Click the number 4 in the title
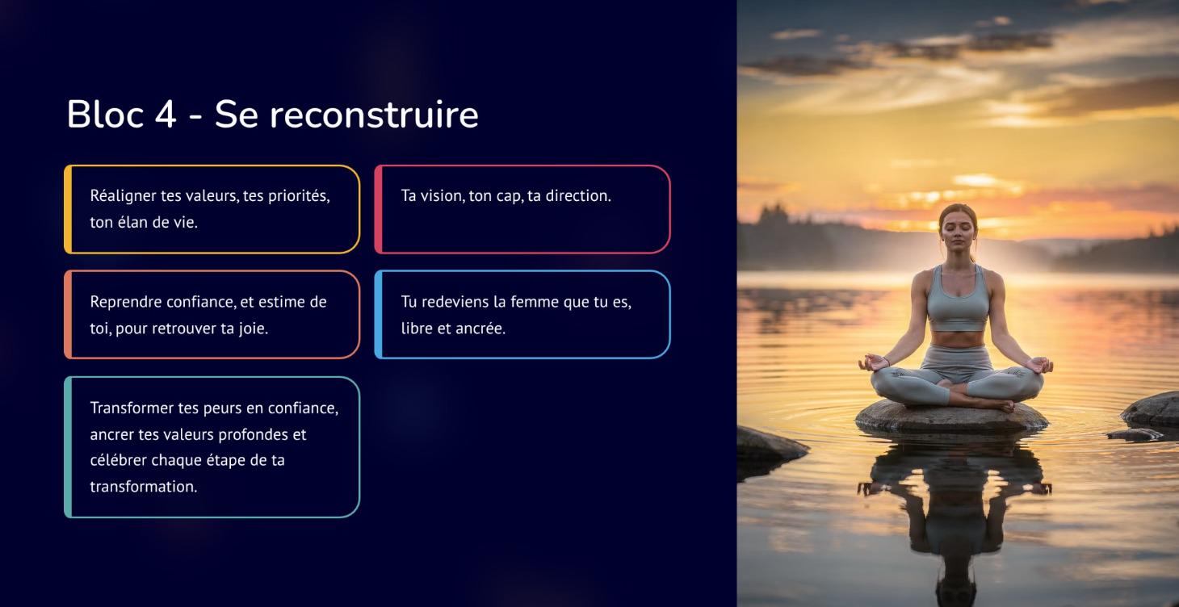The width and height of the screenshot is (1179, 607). click(x=165, y=115)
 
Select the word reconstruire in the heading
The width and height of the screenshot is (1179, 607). click(x=374, y=115)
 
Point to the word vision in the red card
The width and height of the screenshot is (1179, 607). click(x=443, y=196)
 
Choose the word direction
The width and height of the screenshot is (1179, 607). click(x=578, y=196)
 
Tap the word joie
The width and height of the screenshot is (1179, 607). click(x=251, y=329)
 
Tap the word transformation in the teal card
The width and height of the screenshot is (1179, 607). click(x=143, y=487)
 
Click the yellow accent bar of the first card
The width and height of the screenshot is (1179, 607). click(x=68, y=209)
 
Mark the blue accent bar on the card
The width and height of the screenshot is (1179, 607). click(x=378, y=314)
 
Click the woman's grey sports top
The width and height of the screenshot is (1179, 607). click(x=958, y=303)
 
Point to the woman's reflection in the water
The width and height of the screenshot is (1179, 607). click(x=955, y=500)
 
